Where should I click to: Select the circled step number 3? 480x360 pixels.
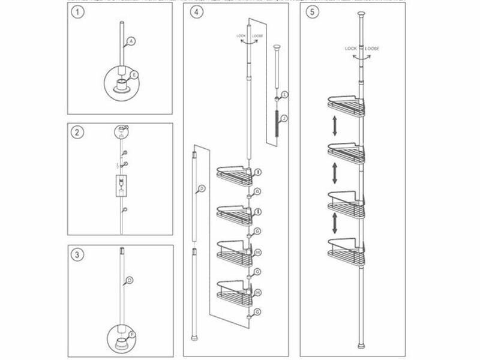(76, 254)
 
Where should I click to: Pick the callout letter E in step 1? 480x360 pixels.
(134, 74)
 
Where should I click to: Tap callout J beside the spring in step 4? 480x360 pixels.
(284, 118)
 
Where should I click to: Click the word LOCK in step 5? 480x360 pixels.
(352, 47)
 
